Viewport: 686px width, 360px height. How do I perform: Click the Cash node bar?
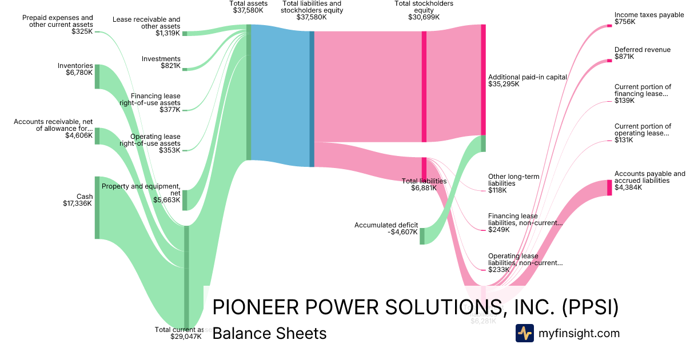[x=97, y=207]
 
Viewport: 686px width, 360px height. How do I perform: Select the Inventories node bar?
[x=97, y=77]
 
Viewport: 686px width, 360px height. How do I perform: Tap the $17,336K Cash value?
[x=77, y=203]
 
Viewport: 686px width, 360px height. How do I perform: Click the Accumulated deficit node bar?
[x=422, y=236]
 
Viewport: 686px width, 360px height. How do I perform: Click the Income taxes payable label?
[x=649, y=15]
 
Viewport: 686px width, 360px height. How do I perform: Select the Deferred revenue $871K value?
[x=625, y=57]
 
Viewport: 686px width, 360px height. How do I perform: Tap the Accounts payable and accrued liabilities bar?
[x=609, y=187]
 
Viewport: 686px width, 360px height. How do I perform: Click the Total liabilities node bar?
[x=424, y=169]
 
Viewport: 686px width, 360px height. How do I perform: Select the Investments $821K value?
[x=170, y=66]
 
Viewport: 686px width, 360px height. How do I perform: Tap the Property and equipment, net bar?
[x=184, y=200]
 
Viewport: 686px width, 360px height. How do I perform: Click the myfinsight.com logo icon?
[x=524, y=333]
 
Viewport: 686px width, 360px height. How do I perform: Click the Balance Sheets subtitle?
[x=269, y=334]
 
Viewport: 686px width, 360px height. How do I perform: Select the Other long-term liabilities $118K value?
[x=497, y=190]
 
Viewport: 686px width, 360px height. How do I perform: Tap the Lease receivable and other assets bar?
[x=184, y=34]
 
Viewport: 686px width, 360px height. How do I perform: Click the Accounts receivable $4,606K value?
[x=78, y=135]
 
